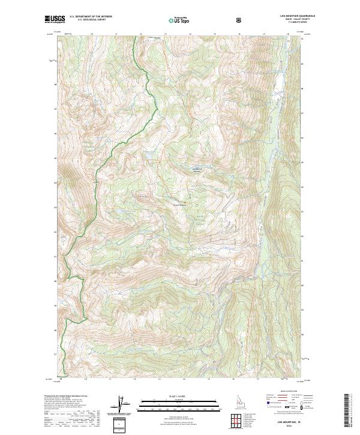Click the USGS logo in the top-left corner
tap(55, 19)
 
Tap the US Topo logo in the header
tap(175, 19)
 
